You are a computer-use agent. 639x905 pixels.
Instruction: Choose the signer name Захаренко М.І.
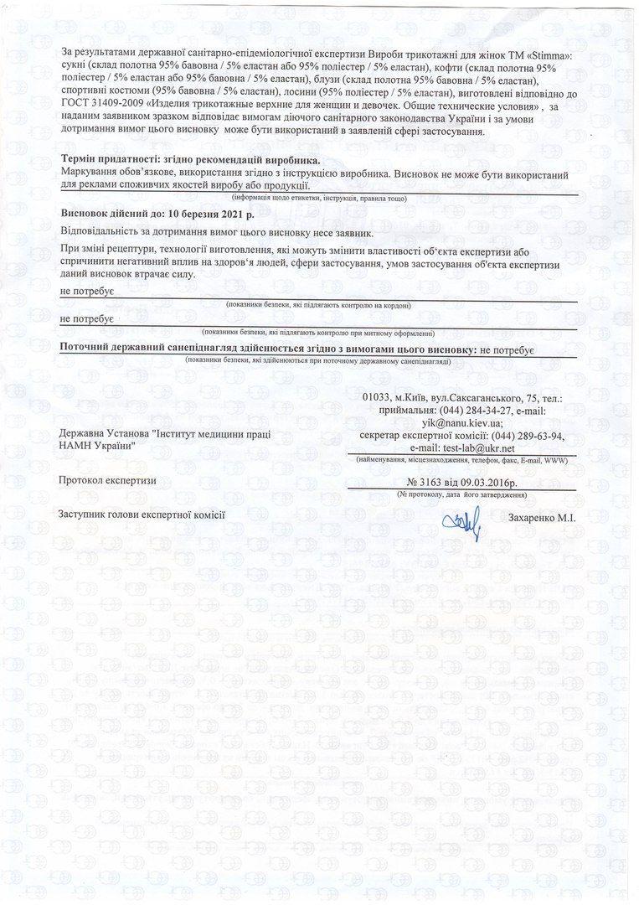(x=542, y=519)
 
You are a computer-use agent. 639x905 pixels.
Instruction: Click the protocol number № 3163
(x=427, y=483)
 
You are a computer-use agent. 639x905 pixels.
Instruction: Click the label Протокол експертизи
(x=108, y=480)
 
